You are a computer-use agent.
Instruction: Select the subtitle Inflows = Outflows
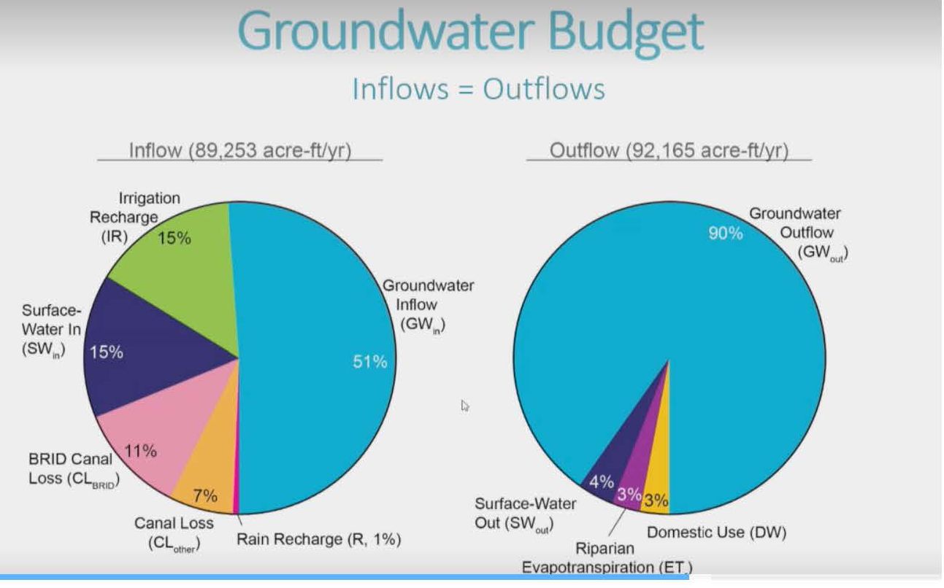(478, 89)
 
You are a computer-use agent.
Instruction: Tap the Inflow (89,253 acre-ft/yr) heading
(240, 151)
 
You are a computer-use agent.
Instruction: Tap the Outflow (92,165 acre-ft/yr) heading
(668, 151)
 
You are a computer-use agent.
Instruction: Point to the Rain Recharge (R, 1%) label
(319, 540)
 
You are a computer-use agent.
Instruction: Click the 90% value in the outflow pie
(725, 233)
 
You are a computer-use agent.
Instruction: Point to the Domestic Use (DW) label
(716, 532)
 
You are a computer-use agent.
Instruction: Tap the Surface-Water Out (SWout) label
(524, 514)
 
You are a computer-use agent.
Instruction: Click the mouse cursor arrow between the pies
(465, 405)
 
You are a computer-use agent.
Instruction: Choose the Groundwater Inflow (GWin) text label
(428, 305)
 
